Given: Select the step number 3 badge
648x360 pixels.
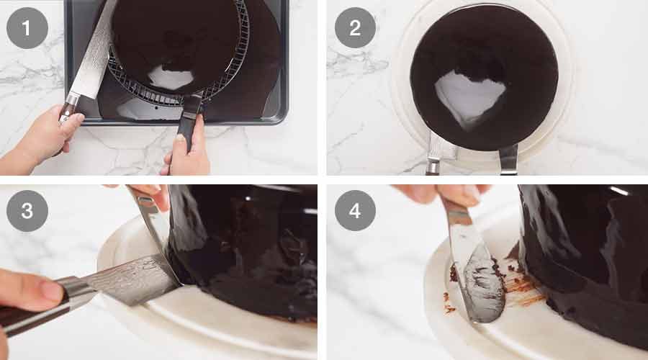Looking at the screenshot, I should [x=27, y=211].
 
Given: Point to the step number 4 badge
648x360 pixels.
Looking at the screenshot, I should [x=355, y=211].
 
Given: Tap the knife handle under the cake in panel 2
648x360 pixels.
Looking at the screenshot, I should [x=434, y=164].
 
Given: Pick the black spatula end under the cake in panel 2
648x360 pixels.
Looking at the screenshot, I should [x=508, y=160].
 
